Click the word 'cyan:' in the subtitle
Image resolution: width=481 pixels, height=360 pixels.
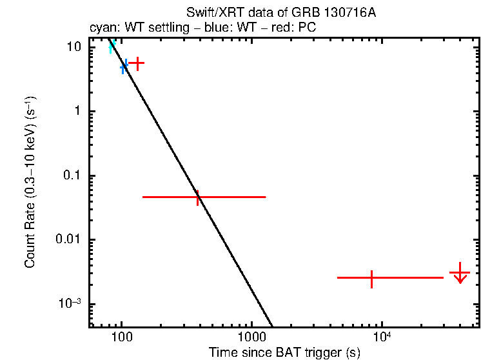coord(101,29)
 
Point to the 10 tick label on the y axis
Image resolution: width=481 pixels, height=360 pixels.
coord(75,48)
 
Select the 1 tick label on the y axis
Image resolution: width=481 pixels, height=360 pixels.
coord(77,112)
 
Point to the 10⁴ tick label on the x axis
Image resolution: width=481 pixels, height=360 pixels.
coord(382,336)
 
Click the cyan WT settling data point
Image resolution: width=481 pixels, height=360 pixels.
coord(112,46)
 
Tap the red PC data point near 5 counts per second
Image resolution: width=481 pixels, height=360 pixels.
coord(136,63)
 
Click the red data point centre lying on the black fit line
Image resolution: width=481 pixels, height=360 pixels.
coord(198,197)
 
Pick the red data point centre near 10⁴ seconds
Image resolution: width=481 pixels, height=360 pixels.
coord(372,278)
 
